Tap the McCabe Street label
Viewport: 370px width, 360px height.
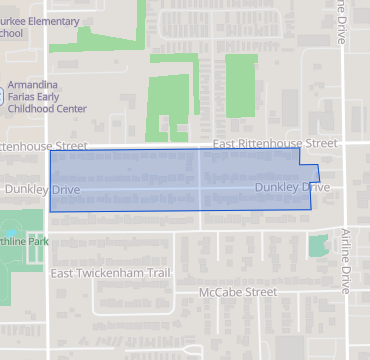point(237,292)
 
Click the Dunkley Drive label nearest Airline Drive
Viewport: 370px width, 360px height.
point(292,187)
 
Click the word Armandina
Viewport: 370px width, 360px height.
point(37,85)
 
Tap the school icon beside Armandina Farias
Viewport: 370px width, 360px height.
point(2,98)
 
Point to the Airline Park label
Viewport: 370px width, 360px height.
point(24,241)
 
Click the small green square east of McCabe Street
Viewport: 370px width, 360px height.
point(318,246)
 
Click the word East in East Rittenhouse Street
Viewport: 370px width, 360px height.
point(226,144)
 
